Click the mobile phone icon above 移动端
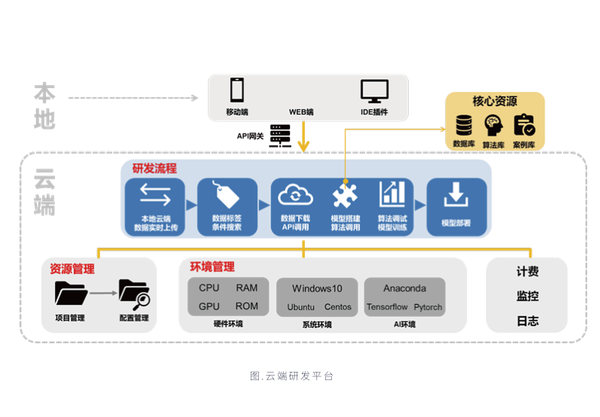click(237, 90)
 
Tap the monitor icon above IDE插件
click(374, 91)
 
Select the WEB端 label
click(301, 112)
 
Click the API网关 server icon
click(279, 135)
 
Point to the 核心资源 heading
click(495, 101)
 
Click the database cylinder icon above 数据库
click(464, 124)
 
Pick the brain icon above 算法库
click(494, 124)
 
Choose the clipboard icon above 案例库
click(524, 124)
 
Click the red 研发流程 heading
click(154, 168)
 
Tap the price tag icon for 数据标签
click(227, 196)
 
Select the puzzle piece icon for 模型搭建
click(345, 196)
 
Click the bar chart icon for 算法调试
click(391, 194)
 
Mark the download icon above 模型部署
click(455, 195)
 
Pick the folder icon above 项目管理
click(71, 294)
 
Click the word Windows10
click(317, 288)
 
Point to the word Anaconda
click(404, 288)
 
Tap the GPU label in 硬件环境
click(209, 306)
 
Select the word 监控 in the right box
click(528, 296)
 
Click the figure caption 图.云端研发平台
click(292, 376)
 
